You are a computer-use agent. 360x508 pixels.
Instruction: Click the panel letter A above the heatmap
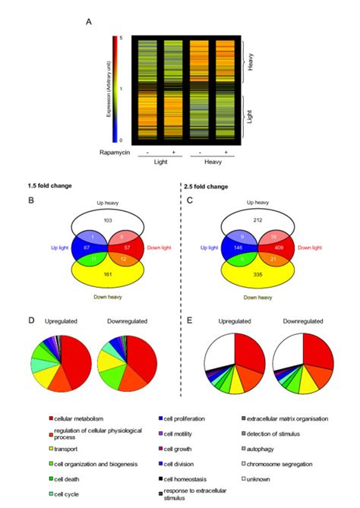(90, 23)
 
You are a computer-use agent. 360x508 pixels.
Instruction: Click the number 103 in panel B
(107, 219)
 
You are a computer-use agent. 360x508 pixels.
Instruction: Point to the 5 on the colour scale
(121, 36)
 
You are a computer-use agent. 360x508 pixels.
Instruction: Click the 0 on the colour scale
(121, 140)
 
